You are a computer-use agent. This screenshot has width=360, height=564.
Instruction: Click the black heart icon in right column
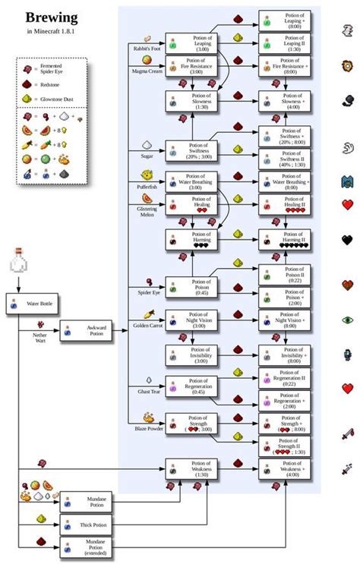coord(347,240)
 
